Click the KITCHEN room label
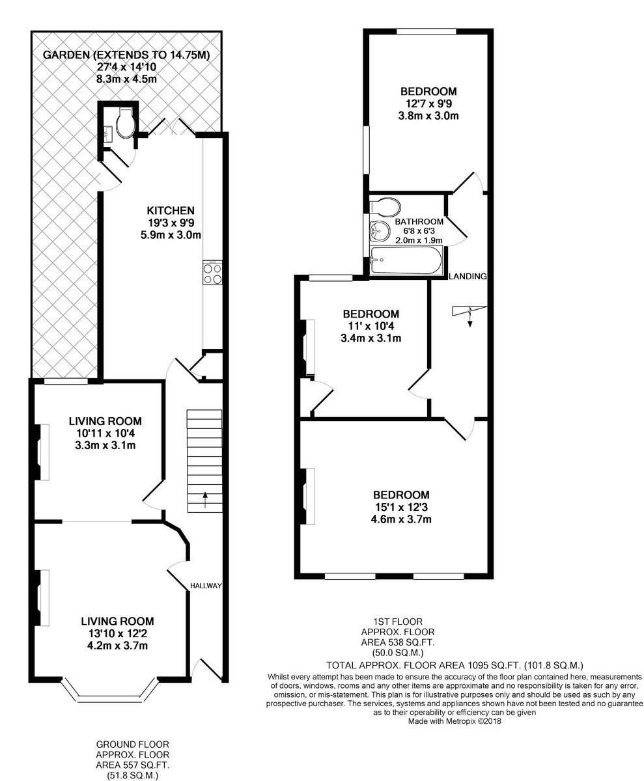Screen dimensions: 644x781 click(170, 211)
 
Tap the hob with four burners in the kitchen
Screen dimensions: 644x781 click(212, 272)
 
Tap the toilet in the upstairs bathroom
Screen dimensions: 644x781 click(385, 207)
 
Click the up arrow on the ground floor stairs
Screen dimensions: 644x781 click(204, 500)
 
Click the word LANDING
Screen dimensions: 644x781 click(468, 277)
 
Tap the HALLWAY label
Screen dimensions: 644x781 click(206, 585)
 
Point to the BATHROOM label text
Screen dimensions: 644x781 click(419, 221)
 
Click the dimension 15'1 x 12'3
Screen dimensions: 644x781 click(400, 507)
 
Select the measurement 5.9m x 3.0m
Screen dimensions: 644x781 click(171, 235)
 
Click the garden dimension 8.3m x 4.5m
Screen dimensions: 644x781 click(126, 79)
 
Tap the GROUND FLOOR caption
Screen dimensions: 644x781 click(132, 745)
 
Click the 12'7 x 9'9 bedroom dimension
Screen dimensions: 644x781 click(428, 103)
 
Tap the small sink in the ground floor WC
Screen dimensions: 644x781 click(109, 133)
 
